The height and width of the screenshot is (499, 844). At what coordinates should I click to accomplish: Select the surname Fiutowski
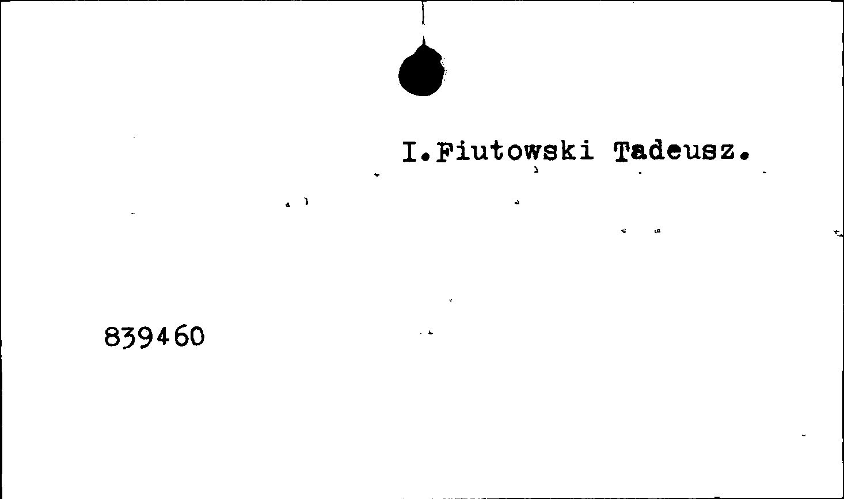[x=515, y=151]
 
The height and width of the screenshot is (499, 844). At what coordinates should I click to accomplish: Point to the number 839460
[x=154, y=337]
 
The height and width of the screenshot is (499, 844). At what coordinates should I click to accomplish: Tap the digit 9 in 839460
[x=145, y=337]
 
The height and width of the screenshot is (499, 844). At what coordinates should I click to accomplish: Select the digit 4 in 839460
[x=162, y=336]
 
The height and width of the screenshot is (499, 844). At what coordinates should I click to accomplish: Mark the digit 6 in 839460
[x=180, y=336]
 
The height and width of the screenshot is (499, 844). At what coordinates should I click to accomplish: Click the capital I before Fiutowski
[x=410, y=151]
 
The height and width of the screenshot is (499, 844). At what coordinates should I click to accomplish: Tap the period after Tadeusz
[x=744, y=156]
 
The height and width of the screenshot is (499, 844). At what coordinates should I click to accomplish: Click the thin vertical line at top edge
[x=423, y=13]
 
